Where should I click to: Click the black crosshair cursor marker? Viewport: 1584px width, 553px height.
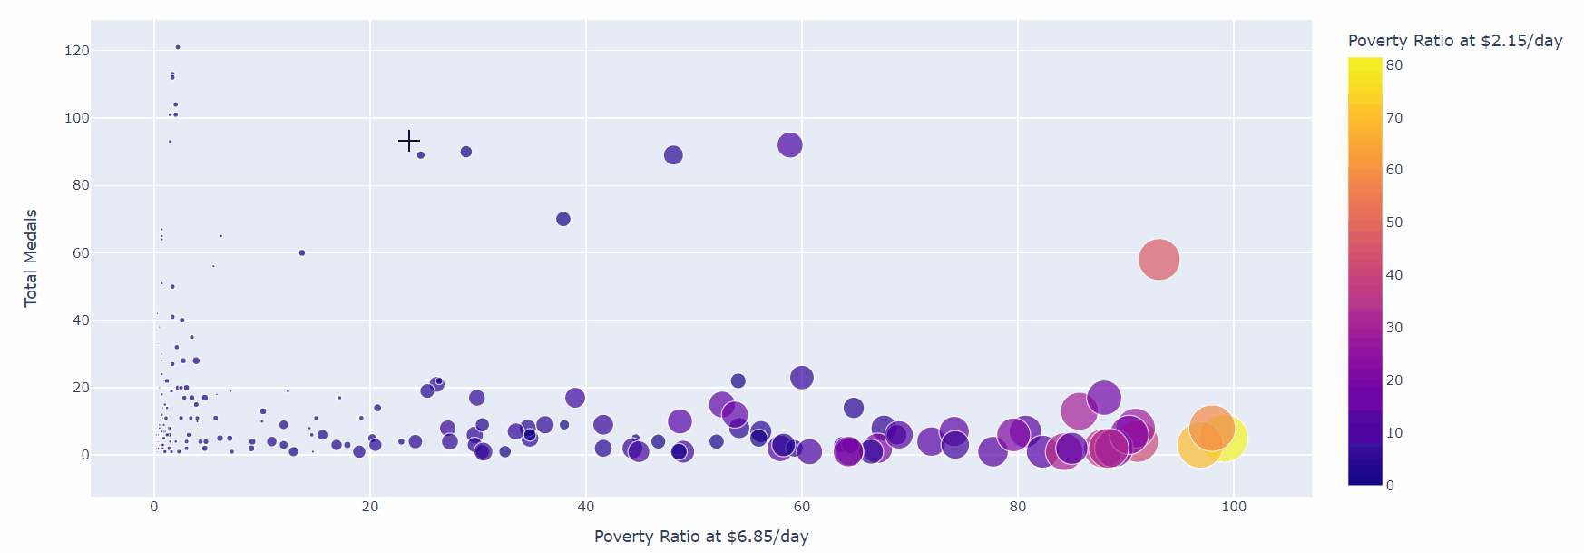(409, 141)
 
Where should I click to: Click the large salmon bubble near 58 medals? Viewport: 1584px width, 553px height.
(1159, 260)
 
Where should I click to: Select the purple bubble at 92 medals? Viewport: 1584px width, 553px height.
(789, 144)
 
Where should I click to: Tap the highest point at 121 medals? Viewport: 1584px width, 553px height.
(178, 47)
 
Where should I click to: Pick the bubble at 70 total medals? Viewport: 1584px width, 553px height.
(563, 219)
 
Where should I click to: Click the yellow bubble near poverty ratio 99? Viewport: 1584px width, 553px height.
(1225, 439)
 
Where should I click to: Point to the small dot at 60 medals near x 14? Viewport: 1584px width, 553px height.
(302, 252)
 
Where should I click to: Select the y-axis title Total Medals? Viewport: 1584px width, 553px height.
(31, 258)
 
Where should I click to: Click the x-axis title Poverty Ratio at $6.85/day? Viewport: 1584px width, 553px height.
(701, 537)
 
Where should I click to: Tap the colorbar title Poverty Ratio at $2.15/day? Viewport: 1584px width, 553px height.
(1454, 41)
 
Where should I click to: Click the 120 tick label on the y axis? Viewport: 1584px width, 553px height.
(77, 51)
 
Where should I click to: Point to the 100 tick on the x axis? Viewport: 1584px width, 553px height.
(1233, 507)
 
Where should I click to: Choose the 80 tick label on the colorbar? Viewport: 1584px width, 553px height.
(1394, 65)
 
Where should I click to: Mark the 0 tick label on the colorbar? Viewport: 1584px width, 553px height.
(1390, 486)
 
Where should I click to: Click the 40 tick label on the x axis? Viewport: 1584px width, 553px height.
(586, 507)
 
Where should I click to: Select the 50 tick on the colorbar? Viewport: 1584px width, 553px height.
(1394, 222)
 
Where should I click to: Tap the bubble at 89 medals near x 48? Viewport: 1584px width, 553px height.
(673, 155)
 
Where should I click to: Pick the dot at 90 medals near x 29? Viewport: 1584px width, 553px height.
(466, 152)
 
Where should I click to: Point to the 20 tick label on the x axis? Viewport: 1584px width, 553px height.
(370, 507)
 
